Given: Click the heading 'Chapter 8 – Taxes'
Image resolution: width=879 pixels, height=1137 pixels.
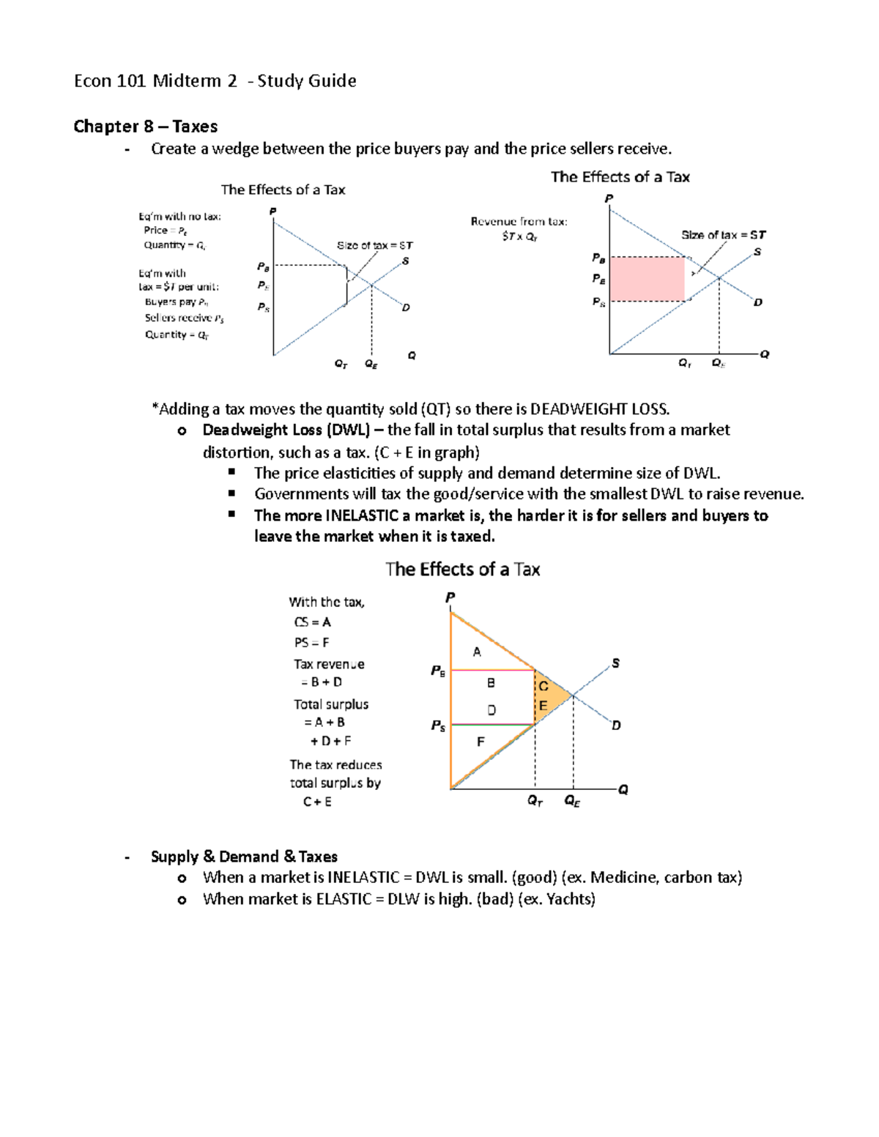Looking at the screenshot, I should [145, 127].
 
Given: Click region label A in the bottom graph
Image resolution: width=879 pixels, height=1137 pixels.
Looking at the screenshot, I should [477, 652].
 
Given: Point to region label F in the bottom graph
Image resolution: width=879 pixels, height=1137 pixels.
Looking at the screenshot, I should [481, 742].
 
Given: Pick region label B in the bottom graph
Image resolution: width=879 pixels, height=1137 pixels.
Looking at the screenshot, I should [491, 682].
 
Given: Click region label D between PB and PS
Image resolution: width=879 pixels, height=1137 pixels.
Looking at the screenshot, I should [491, 709].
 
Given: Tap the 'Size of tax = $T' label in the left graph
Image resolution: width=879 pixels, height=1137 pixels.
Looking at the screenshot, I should [374, 245].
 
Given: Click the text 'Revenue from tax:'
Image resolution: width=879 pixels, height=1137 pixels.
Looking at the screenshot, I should [519, 221].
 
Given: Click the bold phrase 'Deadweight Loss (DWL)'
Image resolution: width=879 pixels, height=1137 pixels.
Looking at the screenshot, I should [286, 430].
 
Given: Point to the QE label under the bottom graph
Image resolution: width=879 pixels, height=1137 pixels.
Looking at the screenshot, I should [572, 801].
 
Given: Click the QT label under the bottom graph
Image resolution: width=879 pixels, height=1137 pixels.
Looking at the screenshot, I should [535, 801].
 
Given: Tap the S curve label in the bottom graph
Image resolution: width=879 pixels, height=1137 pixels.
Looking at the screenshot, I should [615, 663].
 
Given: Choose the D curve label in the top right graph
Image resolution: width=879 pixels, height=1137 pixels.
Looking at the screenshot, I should [758, 302].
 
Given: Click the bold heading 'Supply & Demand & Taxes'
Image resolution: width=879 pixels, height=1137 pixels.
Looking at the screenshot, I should [244, 857].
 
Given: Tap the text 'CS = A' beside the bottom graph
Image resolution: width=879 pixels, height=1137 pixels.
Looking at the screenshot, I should [312, 622].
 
